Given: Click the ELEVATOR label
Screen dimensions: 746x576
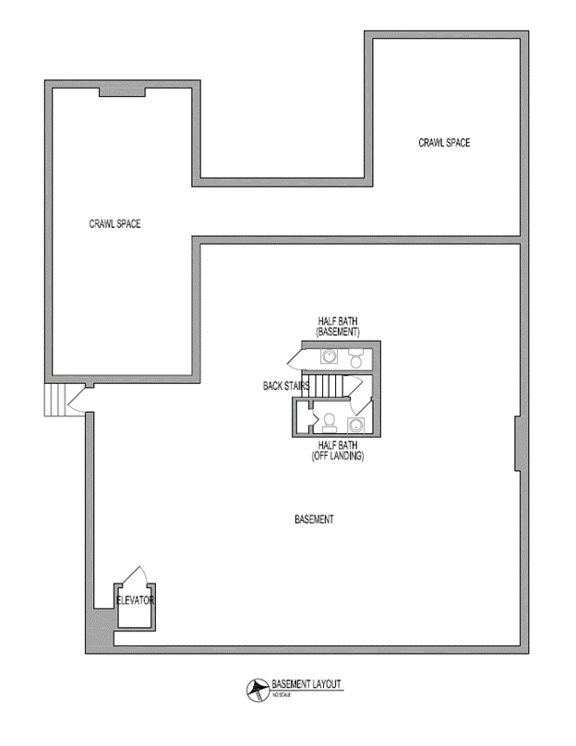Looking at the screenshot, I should tap(135, 600).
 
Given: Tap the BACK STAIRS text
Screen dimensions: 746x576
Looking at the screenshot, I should tap(285, 387).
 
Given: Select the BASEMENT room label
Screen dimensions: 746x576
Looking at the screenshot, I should tap(314, 520).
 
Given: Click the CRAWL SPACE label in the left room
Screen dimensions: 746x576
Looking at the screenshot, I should tap(114, 223).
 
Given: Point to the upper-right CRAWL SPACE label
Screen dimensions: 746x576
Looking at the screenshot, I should tap(445, 143).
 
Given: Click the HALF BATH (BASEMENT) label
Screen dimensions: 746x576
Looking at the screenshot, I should tap(337, 325).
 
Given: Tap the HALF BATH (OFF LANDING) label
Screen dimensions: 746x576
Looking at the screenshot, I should tap(337, 450).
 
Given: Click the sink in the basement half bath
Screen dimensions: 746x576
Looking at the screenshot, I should tap(329, 356).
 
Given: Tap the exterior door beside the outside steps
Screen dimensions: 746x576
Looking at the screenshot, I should tap(78, 399).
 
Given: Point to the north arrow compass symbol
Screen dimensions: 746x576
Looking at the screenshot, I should tap(255, 688).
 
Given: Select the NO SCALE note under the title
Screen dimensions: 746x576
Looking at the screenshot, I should tap(282, 694).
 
